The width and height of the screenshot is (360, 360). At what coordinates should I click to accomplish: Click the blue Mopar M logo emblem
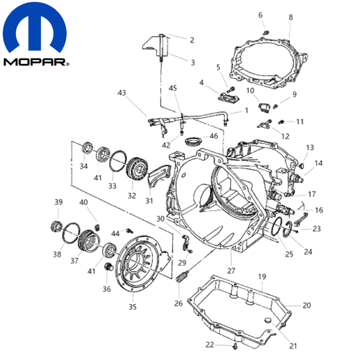pyautogui.click(x=34, y=28)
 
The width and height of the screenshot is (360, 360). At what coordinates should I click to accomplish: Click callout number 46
pyautogui.click(x=214, y=136)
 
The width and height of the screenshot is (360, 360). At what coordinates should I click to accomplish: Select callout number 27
pyautogui.click(x=231, y=271)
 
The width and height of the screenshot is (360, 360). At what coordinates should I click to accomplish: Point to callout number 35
pyautogui.click(x=132, y=307)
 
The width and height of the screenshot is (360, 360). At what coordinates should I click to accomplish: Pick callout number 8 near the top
pyautogui.click(x=291, y=17)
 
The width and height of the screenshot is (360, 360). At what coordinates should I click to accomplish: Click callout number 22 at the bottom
pyautogui.click(x=210, y=345)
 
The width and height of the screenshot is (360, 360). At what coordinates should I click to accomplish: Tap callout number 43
pyautogui.click(x=122, y=93)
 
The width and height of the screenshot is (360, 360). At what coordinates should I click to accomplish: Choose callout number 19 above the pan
pyautogui.click(x=262, y=277)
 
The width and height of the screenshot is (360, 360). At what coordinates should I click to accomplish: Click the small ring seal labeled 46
pyautogui.click(x=193, y=141)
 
